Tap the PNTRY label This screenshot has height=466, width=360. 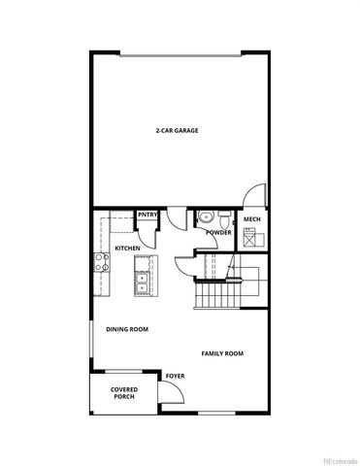click(147, 215)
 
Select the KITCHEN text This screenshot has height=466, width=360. click(128, 249)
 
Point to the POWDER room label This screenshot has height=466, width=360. click(218, 233)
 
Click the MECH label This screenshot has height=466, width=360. click(251, 219)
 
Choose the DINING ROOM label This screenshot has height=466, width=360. click(127, 330)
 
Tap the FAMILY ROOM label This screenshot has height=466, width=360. click(222, 354)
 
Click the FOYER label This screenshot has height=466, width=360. click(175, 375)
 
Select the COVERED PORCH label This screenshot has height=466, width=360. click(124, 392)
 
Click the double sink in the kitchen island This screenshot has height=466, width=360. click(142, 283)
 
